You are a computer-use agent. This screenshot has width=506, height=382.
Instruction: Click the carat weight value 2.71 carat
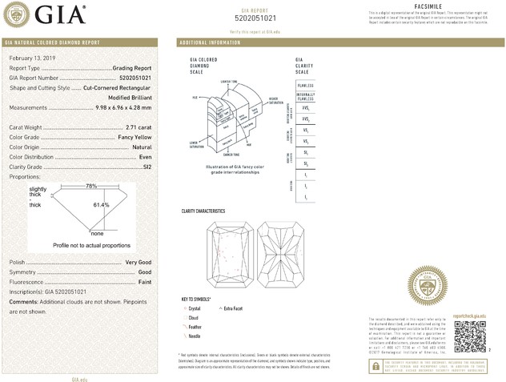click(x=139, y=127)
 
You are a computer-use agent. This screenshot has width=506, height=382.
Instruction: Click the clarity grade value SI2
click(x=147, y=167)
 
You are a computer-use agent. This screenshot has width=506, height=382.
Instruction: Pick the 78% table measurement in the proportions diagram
click(x=91, y=186)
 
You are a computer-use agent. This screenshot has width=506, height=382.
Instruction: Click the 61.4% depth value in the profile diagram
click(x=101, y=205)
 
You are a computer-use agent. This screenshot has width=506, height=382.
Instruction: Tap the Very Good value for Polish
click(x=139, y=263)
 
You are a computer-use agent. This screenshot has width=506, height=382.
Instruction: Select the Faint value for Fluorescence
click(x=143, y=283)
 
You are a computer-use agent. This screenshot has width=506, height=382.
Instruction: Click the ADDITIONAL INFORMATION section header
click(x=210, y=42)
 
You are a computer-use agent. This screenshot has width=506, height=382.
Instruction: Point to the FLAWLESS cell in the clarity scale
click(x=305, y=83)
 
